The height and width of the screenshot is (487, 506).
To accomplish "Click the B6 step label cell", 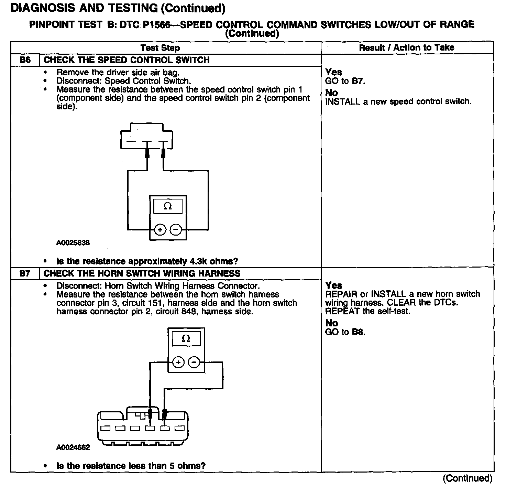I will coord(25,60).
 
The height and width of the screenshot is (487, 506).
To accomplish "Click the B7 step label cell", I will coord(25,274).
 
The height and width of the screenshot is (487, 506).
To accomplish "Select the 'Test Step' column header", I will coord(160,48).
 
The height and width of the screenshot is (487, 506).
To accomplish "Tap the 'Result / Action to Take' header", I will coord(407,47).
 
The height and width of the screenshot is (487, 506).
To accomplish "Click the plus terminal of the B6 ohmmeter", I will coord(160,229).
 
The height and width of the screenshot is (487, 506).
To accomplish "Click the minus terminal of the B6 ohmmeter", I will coord(176,229).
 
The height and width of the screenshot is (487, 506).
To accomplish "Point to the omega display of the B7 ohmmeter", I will coord(186,339).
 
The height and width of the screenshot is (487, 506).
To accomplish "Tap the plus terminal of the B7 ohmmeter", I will coord(178,362).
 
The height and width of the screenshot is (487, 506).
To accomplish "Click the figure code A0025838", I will coord(73,243).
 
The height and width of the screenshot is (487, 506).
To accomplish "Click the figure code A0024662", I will coord(73,447).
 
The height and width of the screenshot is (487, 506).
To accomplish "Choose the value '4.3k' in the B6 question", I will coord(198,261).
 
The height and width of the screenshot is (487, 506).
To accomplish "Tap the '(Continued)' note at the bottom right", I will coord(467,478).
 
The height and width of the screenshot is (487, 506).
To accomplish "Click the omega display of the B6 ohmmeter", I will coord(168,206).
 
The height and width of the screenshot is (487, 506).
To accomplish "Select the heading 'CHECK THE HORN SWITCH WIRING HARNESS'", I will coord(142,274).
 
